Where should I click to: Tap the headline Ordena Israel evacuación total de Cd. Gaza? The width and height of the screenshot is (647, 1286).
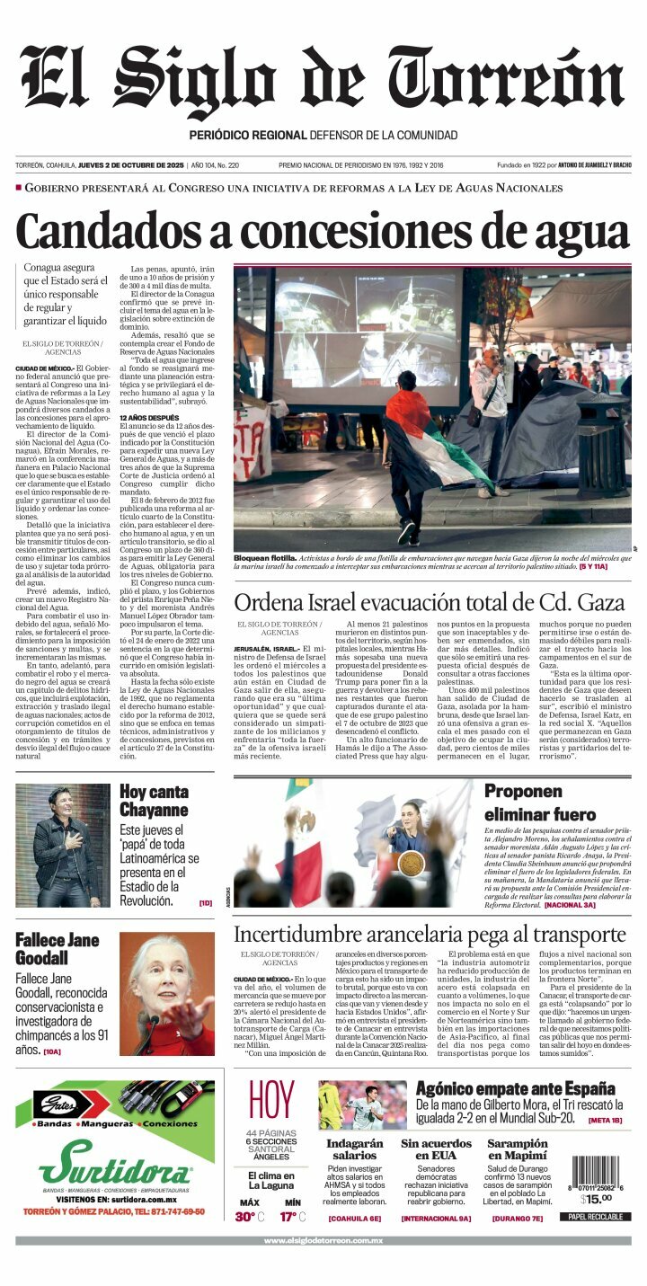click(x=430, y=601)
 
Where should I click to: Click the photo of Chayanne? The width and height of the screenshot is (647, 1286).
click(x=63, y=845)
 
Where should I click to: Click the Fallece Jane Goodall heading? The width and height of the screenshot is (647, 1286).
click(x=55, y=949)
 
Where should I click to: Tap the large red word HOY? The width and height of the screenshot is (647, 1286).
click(x=270, y=1102)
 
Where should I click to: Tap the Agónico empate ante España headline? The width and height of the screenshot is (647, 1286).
click(x=515, y=1088)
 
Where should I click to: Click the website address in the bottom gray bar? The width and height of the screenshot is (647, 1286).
click(x=323, y=1240)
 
